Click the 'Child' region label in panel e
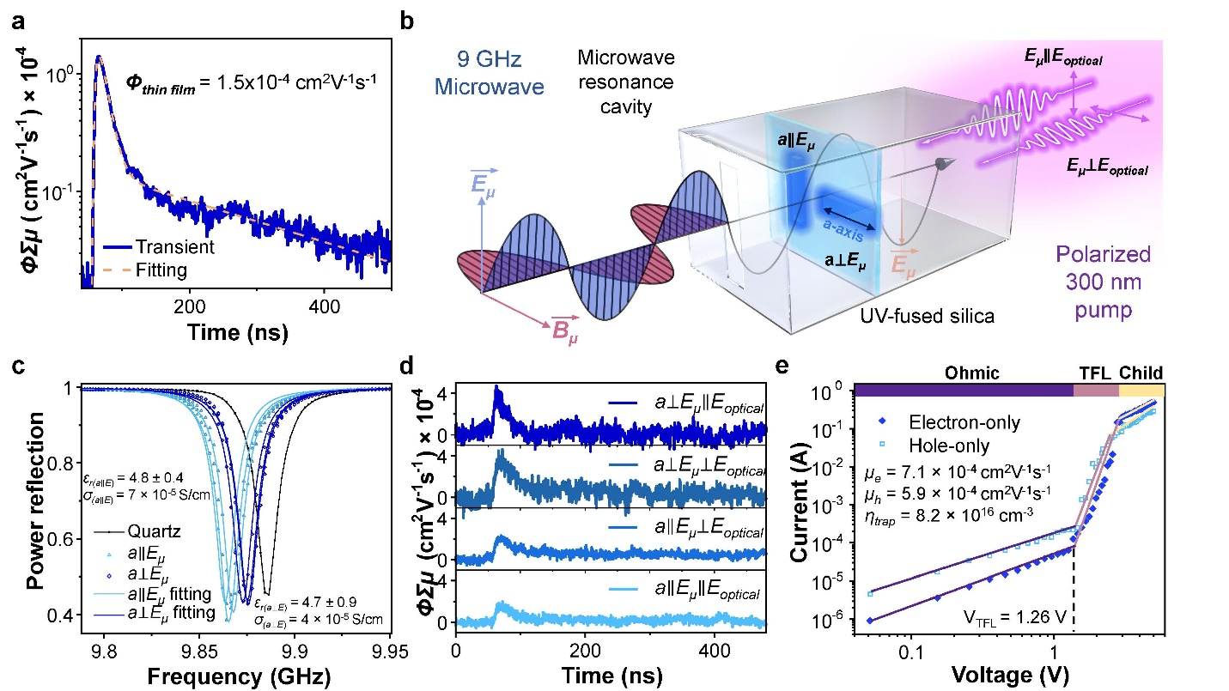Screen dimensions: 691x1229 (1141, 373)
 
